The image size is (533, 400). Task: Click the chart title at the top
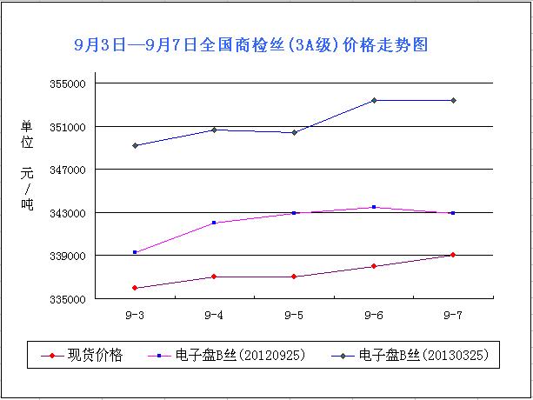click(x=251, y=44)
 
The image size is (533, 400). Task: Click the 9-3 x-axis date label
click(x=136, y=314)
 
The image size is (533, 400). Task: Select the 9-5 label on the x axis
click(x=294, y=314)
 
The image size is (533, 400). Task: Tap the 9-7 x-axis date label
click(x=453, y=314)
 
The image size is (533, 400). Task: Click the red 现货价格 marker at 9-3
click(x=136, y=288)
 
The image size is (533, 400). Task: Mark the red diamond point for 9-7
click(x=453, y=255)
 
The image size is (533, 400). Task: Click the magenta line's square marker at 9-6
click(x=374, y=207)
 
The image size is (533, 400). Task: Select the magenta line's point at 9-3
click(x=136, y=252)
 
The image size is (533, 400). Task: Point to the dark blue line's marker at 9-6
click(x=374, y=100)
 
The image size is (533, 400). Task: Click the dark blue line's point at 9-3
click(x=136, y=145)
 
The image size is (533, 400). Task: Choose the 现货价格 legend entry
click(x=97, y=355)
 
